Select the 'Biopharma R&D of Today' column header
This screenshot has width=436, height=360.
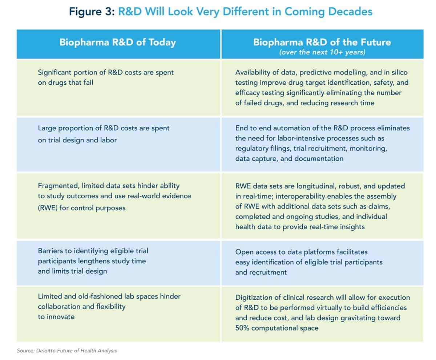point(117,42)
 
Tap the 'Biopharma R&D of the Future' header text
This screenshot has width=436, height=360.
point(322,42)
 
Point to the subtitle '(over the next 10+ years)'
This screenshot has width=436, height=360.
point(322,52)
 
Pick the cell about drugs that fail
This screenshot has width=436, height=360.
point(106,77)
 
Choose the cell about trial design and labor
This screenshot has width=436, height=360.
point(104,134)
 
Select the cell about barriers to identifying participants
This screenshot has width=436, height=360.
point(93,261)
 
